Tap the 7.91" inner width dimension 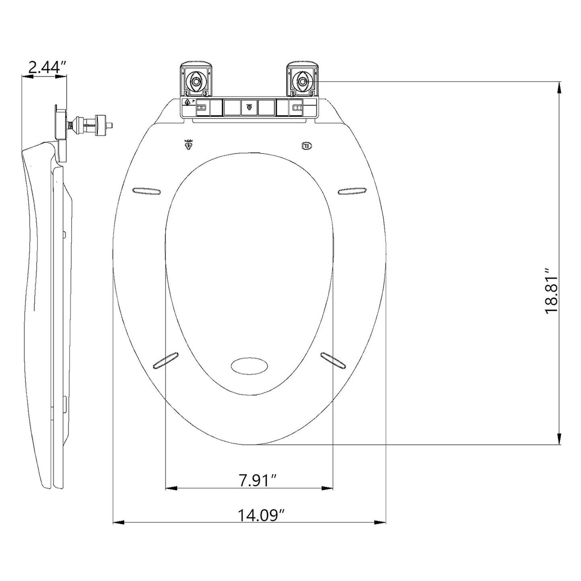click(x=257, y=480)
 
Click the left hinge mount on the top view click(x=196, y=80)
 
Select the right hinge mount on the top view click(x=302, y=80)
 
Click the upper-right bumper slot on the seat click(x=353, y=192)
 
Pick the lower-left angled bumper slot click(x=165, y=360)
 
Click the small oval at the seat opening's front click(x=249, y=366)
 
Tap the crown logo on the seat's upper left click(x=187, y=144)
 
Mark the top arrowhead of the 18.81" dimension click(x=559, y=86)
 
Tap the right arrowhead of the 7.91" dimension click(x=328, y=488)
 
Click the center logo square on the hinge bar click(x=249, y=107)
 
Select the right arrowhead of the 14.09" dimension click(x=380, y=522)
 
